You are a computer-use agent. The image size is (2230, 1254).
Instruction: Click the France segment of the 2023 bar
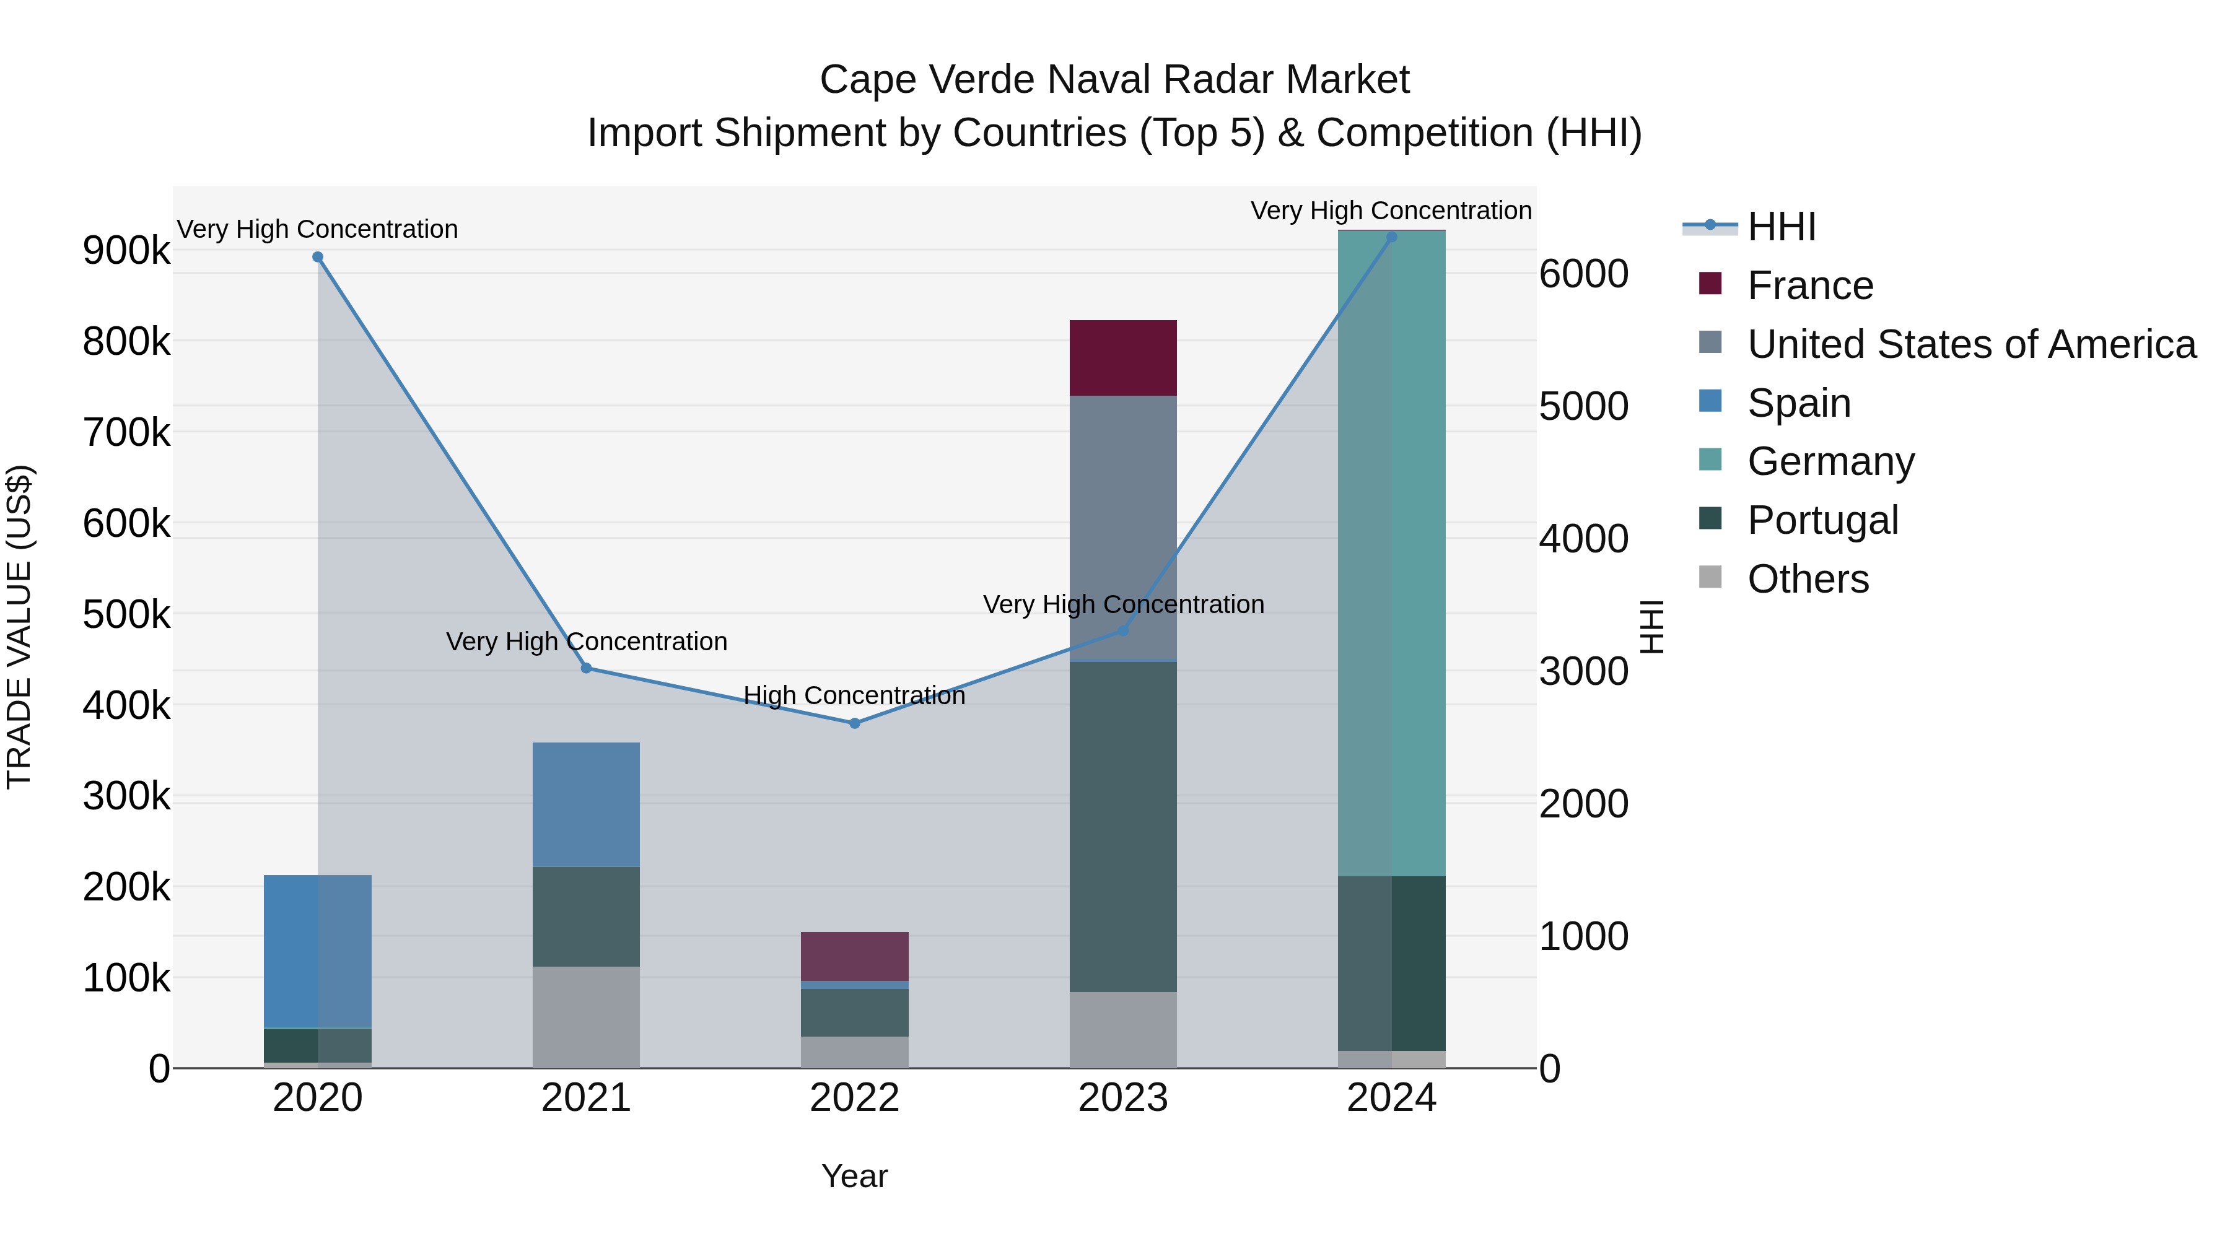click(1123, 357)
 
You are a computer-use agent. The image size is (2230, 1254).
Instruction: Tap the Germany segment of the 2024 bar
click(1391, 554)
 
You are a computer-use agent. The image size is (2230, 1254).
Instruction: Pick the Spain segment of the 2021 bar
click(586, 805)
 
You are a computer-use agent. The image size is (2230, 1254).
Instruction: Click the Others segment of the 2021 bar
click(586, 1017)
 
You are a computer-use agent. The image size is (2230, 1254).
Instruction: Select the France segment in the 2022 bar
click(854, 956)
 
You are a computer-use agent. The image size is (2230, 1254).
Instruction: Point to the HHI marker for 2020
click(318, 257)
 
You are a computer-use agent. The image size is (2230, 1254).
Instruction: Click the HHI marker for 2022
click(854, 723)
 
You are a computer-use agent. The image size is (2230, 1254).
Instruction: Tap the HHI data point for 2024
click(1391, 237)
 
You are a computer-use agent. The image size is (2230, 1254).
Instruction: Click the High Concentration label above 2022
click(854, 696)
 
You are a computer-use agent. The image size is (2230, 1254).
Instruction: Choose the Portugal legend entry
click(1822, 520)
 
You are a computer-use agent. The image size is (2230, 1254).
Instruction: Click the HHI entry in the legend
click(1781, 227)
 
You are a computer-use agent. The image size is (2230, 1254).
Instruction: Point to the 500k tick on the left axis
click(126, 616)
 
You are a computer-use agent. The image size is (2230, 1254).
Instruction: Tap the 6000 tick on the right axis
click(1583, 274)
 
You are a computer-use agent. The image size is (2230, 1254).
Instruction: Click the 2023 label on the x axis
click(1123, 1098)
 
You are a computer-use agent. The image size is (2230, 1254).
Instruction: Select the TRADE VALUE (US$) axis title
click(19, 627)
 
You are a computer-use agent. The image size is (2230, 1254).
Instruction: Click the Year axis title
click(854, 1176)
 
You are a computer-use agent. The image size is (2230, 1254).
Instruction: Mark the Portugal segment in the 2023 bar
click(1123, 827)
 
